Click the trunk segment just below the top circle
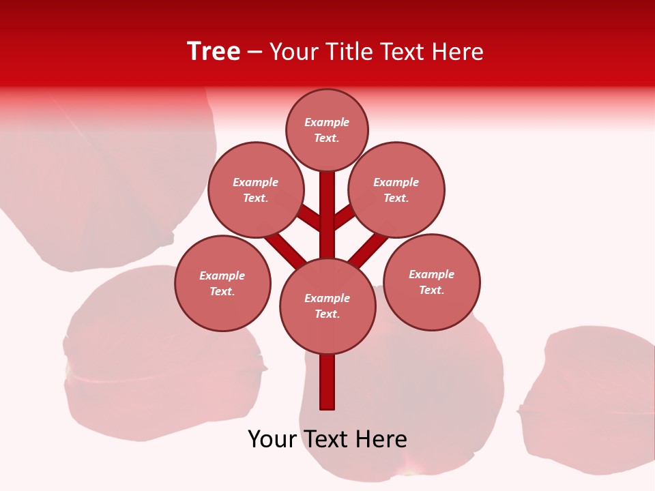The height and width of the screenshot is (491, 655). pos(327,198)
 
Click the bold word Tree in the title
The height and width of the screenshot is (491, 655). pos(214,51)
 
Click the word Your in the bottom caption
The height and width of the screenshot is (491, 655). pos(271,439)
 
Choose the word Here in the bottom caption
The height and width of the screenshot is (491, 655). pos(381,439)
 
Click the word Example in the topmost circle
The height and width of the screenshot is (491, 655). pos(327,123)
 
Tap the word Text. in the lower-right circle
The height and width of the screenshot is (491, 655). pos(432,291)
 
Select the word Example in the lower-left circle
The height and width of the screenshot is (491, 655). pos(222,276)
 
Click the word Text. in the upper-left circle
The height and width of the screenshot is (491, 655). pos(255,198)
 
